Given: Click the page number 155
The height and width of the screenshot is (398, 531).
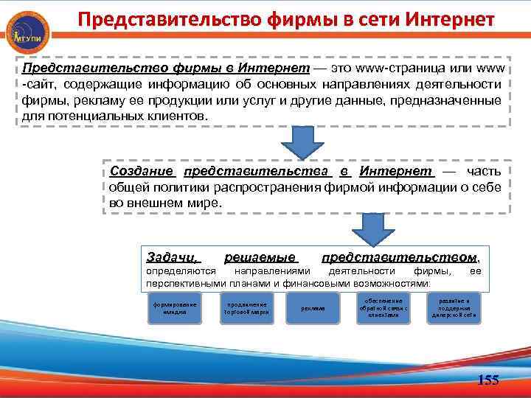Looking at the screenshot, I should pos(488,380).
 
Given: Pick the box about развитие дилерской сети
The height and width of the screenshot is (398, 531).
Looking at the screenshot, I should pos(454,309).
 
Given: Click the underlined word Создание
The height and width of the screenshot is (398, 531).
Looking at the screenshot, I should pos(142,171).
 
